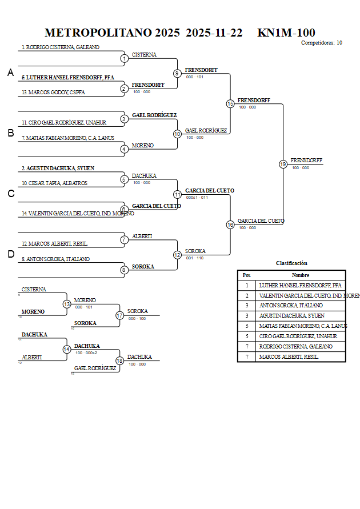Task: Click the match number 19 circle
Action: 283,164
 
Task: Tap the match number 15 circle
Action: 230,103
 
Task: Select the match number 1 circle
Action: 124,58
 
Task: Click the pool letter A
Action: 10,73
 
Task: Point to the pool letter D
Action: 10,254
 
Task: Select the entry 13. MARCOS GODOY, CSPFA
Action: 53,92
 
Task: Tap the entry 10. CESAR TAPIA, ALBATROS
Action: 54,183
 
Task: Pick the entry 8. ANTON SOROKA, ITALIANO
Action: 55,259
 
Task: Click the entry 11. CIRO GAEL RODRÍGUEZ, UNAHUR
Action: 64,122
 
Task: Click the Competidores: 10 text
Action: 322,43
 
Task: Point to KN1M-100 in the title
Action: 286,33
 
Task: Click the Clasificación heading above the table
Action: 291,263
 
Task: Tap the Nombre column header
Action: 301,275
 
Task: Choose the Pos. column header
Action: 247,275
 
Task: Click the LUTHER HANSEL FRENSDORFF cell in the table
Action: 300,285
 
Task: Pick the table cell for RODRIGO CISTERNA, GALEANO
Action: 295,347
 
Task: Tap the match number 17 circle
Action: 119,315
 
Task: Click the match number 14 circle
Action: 66,349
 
